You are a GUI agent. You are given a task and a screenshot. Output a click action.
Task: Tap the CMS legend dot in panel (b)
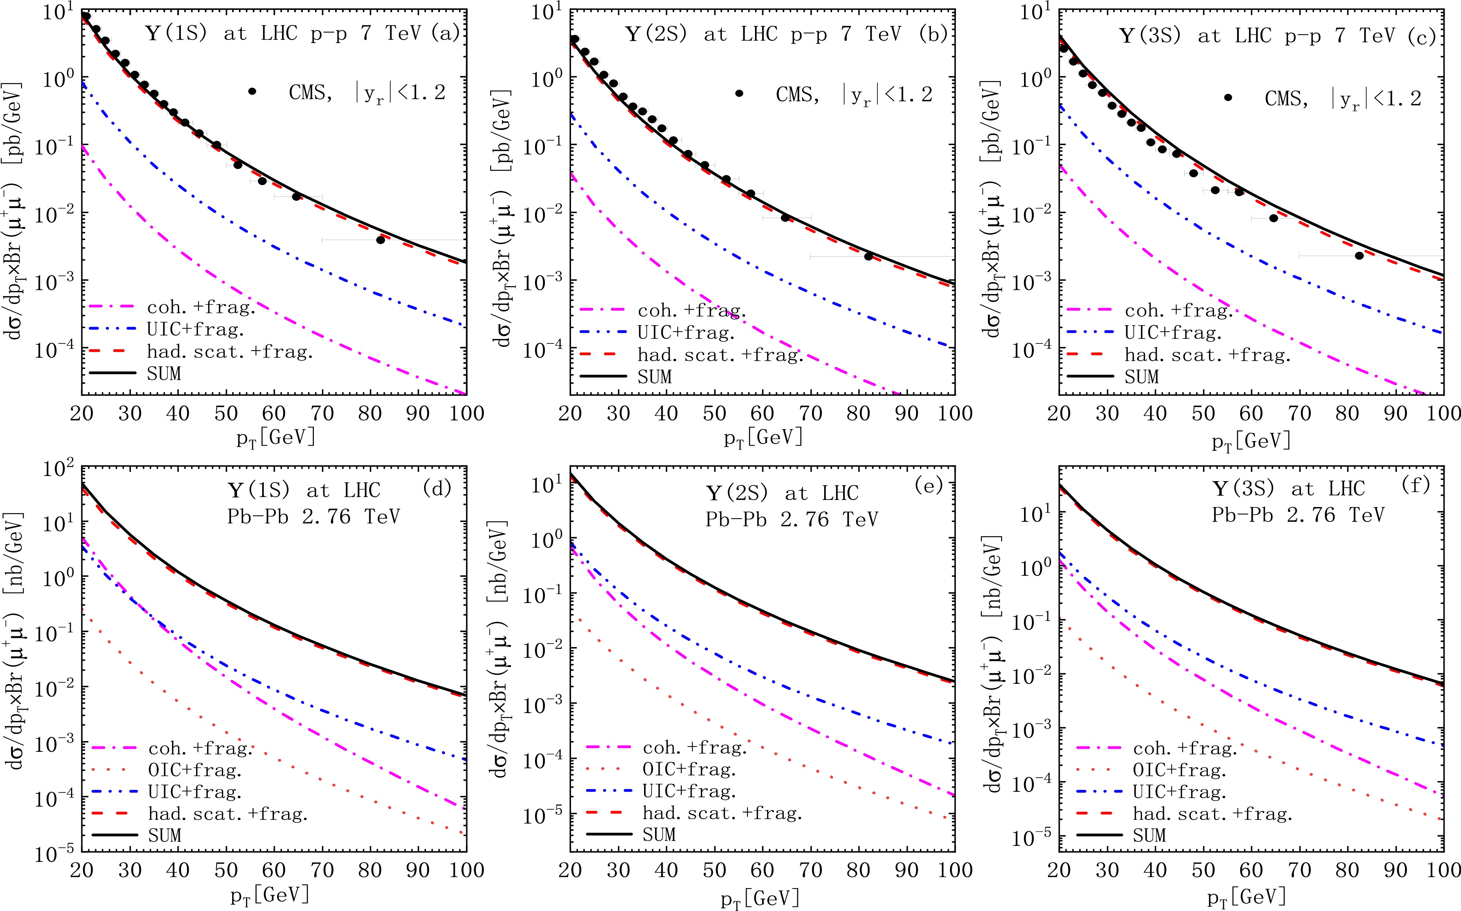(x=739, y=93)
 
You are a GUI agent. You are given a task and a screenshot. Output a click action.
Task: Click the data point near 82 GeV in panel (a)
(x=380, y=240)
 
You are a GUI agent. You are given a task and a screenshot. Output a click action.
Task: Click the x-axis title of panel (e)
(x=762, y=899)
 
